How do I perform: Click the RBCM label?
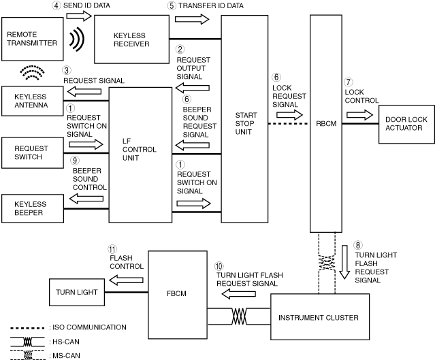326,123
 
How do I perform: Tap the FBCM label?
176,293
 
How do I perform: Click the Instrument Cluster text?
319,318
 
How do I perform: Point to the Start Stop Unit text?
246,123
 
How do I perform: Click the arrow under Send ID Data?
79,16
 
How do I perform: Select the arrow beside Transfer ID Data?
192,19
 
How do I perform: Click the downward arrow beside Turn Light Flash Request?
344,262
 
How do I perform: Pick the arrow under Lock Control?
360,115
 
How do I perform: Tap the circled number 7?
348,82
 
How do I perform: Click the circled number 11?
112,249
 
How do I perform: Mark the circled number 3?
67,70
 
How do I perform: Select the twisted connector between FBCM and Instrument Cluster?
239,316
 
